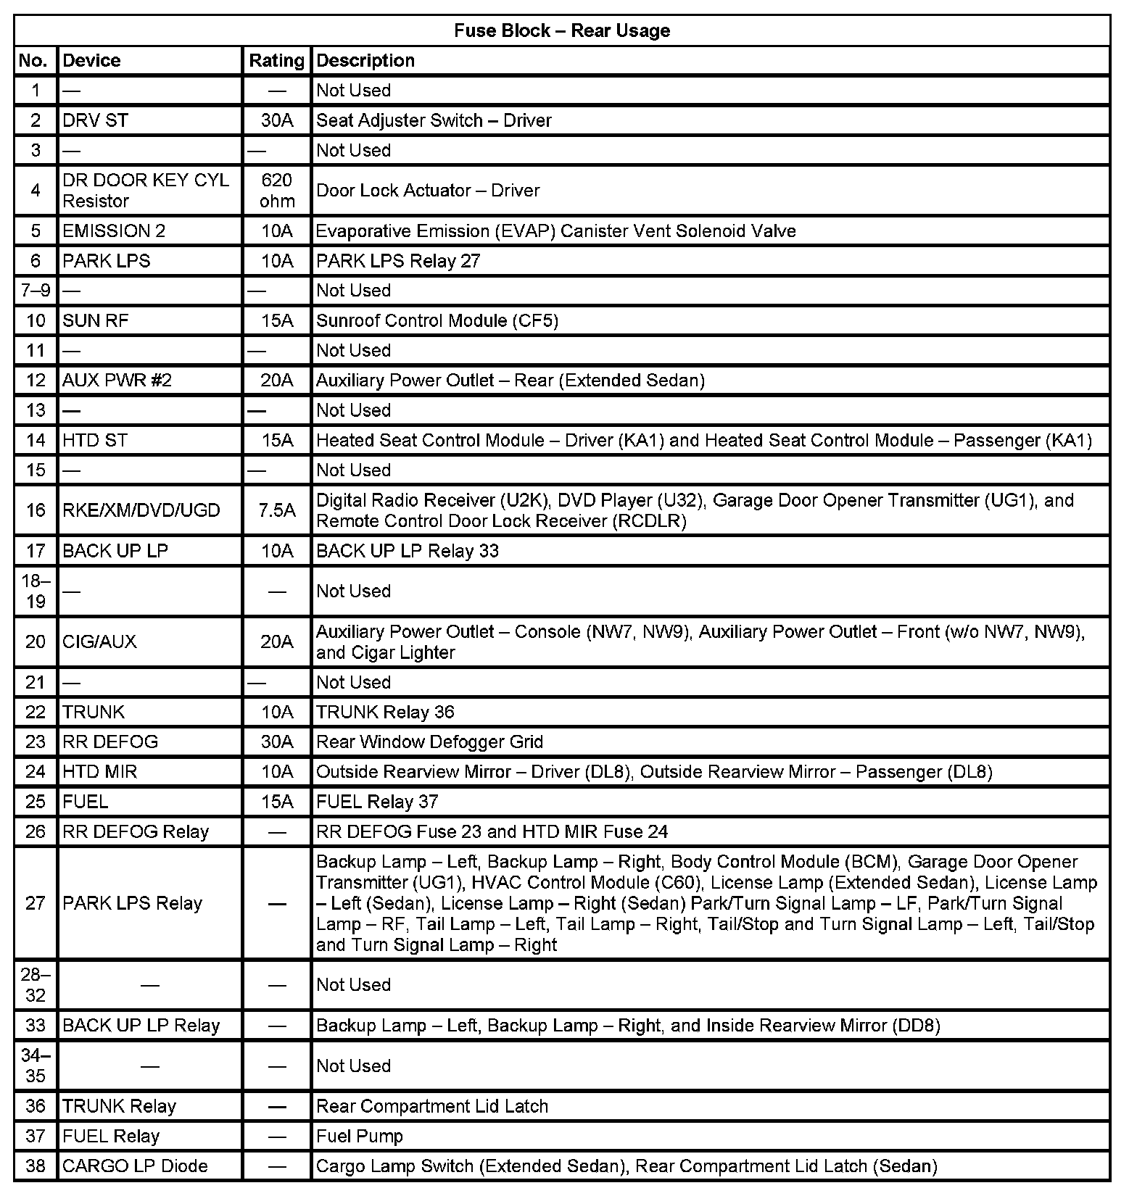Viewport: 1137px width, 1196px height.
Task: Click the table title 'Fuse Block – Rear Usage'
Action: point(562,30)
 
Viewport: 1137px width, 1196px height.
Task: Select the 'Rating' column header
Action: point(276,60)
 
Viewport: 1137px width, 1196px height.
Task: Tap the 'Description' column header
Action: point(365,60)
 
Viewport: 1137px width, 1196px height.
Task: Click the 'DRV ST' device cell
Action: point(96,120)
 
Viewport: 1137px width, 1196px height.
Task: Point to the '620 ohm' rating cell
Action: point(277,191)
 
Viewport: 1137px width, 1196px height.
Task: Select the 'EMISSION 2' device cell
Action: point(114,231)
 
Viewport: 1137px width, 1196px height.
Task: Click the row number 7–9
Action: point(36,291)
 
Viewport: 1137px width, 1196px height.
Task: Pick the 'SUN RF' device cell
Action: point(96,320)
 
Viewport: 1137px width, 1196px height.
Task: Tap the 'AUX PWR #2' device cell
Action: point(117,381)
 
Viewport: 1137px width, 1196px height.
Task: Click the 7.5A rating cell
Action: point(277,510)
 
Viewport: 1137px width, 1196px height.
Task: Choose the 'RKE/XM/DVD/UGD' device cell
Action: point(141,510)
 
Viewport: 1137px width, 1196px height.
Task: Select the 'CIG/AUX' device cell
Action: point(99,641)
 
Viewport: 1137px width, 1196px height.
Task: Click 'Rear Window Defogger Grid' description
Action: point(429,742)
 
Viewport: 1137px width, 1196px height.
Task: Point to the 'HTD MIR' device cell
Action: point(100,772)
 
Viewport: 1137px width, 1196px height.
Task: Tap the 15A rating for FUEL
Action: point(277,802)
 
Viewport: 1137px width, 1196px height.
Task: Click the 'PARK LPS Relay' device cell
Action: point(132,903)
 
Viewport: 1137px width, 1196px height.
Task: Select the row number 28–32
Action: point(36,985)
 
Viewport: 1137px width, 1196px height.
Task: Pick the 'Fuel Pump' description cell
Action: point(360,1136)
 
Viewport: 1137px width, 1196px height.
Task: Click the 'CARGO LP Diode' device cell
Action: point(135,1166)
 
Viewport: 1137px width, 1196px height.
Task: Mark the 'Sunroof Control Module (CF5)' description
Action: point(437,320)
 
